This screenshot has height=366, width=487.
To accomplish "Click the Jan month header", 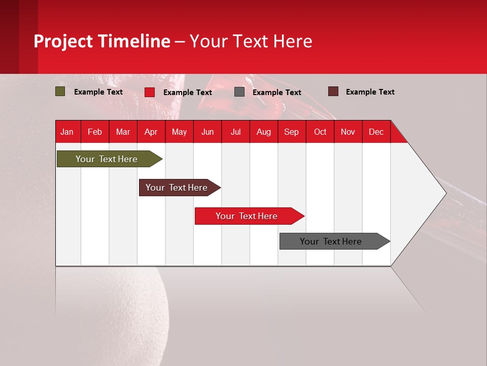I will pos(67,132).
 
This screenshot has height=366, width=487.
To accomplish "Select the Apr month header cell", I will pos(151,132).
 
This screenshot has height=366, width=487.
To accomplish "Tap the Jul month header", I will pos(236,132).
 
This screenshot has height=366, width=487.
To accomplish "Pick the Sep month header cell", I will pos(291,132).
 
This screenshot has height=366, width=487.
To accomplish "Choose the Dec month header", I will pos(376,132).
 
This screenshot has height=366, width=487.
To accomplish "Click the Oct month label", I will pos(320,132).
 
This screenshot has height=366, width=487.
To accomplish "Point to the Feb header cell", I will pos(95,132).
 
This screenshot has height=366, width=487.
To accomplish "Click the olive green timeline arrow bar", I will pos(107,159).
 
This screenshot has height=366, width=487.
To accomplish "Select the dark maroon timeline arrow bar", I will pos(177,188).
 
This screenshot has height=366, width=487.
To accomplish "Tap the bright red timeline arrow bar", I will pos(247,216).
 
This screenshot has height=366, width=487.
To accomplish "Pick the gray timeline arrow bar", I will pos(331,241).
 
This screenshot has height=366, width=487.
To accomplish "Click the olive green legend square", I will pos(60,91).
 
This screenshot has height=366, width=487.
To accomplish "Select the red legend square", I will pos(149,92).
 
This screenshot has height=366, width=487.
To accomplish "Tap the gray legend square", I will pos(239,92).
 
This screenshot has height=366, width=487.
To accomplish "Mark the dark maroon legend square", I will pos(333,91).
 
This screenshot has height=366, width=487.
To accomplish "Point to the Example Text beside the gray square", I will pos(277,93).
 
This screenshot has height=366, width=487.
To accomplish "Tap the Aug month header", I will pos(264,132).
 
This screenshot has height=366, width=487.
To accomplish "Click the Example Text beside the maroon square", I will pos(370,92).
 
